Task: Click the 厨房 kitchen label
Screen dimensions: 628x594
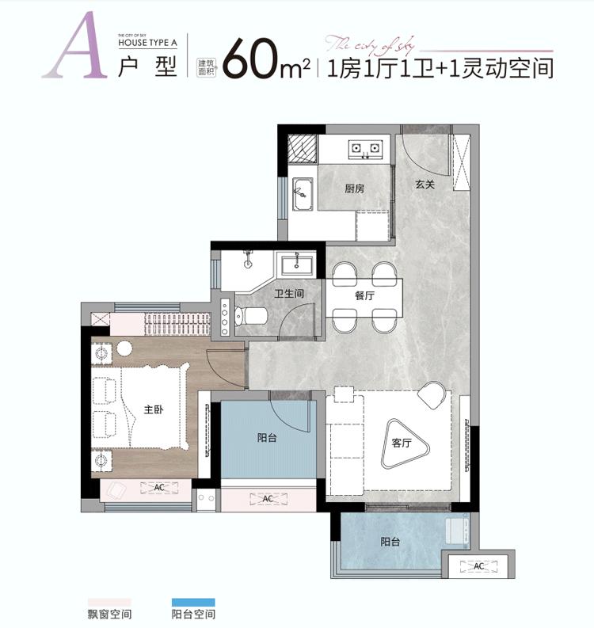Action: coord(354,189)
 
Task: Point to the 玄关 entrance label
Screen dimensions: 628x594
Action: coord(425,185)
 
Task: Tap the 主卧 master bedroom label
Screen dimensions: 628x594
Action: coord(154,410)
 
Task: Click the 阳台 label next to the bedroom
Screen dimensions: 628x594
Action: coord(268,437)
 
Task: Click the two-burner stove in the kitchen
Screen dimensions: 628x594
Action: coord(365,147)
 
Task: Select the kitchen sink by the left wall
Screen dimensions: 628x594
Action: coord(302,192)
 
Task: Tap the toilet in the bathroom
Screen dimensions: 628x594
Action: coord(253,316)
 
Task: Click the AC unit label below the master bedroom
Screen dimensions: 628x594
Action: coord(158,487)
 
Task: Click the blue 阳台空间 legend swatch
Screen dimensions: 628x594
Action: coord(193,601)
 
